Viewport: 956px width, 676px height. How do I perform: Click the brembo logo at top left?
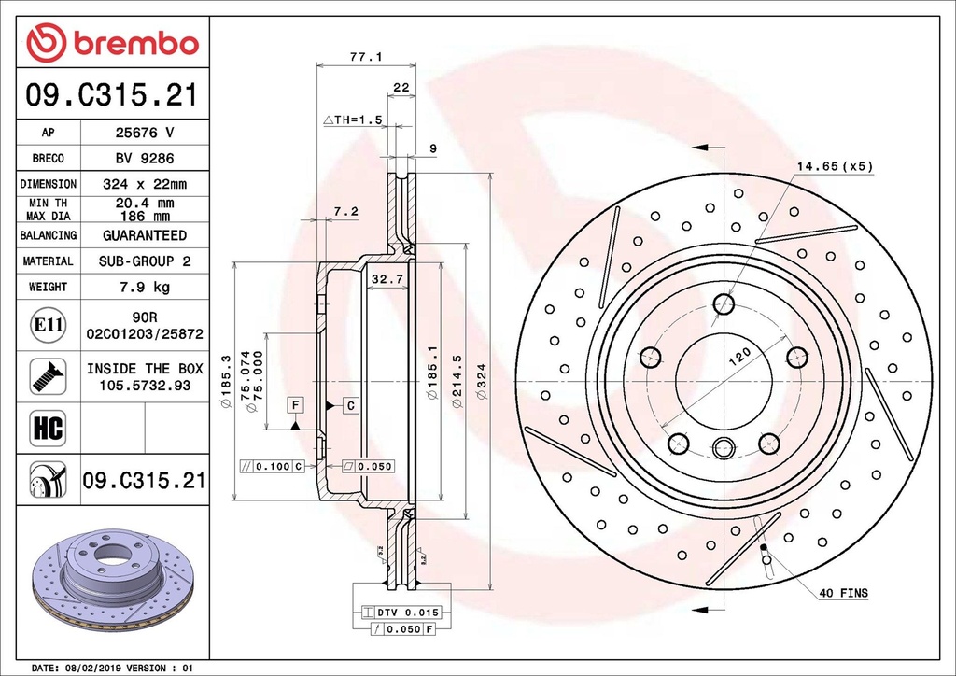tap(112, 43)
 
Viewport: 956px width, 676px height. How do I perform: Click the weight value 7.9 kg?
tap(144, 287)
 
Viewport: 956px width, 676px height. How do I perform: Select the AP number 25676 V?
tap(144, 133)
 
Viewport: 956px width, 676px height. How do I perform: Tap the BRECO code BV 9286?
tap(144, 159)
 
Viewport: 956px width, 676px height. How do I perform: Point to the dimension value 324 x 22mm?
tap(144, 184)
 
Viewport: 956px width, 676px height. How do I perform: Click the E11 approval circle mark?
tap(47, 325)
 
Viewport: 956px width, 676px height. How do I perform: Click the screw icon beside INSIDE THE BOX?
tap(47, 375)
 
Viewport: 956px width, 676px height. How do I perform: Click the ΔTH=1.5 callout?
tap(353, 120)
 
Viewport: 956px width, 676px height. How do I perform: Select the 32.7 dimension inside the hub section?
tap(387, 279)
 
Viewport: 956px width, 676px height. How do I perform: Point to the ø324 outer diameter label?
tap(482, 384)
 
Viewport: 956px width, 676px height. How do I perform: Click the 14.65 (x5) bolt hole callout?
tap(834, 166)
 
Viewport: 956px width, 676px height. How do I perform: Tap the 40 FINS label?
tap(843, 593)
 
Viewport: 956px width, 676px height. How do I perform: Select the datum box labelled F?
tap(295, 404)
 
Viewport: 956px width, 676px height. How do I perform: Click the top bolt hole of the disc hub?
tap(724, 303)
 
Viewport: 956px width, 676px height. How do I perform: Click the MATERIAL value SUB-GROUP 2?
tap(144, 261)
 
